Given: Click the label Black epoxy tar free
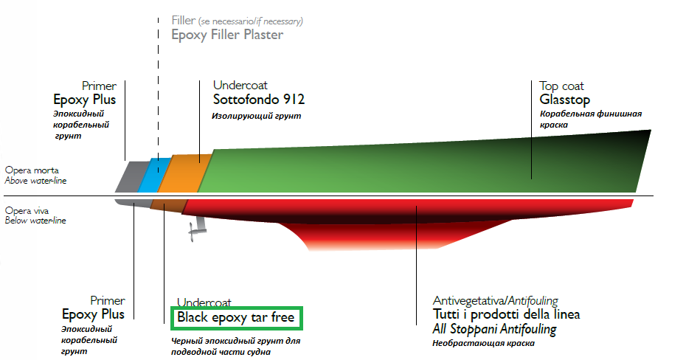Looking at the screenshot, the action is (236, 319).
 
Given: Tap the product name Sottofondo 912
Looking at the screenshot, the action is (258, 100).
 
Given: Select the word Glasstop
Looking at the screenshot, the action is (564, 100).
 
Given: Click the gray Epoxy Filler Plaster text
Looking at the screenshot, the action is (227, 34).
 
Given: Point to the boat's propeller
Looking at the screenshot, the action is (194, 232).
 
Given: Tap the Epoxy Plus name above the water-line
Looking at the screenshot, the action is (84, 100).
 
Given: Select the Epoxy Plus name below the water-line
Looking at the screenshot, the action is (92, 314).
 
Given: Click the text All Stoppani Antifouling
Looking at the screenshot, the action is (494, 329).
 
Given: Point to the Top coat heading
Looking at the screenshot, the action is (561, 86).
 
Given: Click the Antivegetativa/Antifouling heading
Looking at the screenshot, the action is (495, 300).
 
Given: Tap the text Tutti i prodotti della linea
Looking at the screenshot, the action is (506, 314).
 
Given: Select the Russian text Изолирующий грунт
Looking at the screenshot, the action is (257, 116).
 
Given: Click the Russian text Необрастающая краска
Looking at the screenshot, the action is (482, 343).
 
